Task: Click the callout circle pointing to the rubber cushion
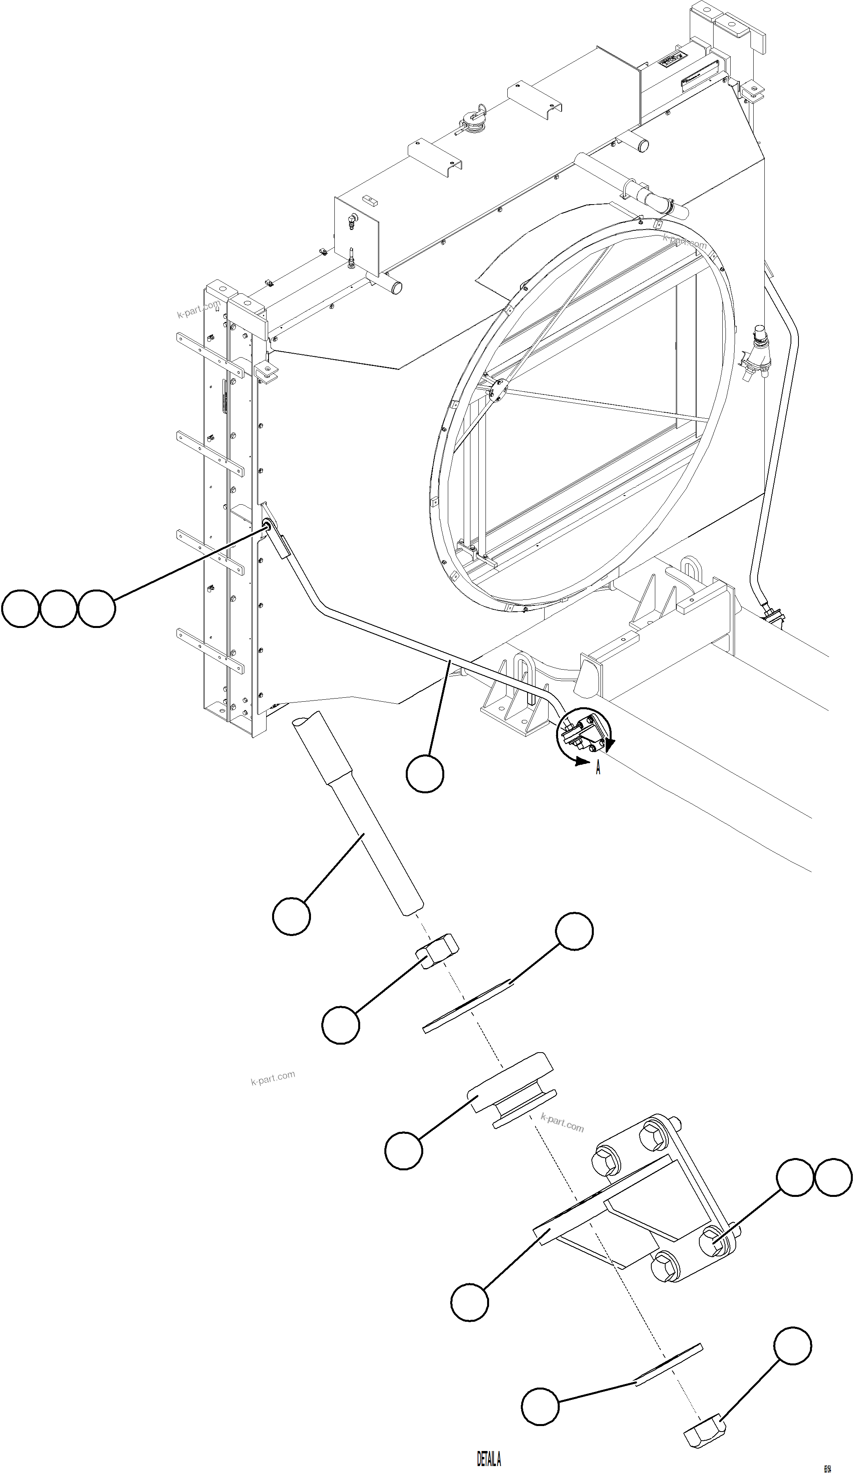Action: click(x=403, y=1150)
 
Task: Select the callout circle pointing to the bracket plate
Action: click(x=469, y=1302)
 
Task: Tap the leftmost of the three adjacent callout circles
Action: click(x=21, y=609)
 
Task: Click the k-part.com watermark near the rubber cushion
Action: click(x=562, y=1122)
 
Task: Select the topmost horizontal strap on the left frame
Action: click(x=209, y=353)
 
